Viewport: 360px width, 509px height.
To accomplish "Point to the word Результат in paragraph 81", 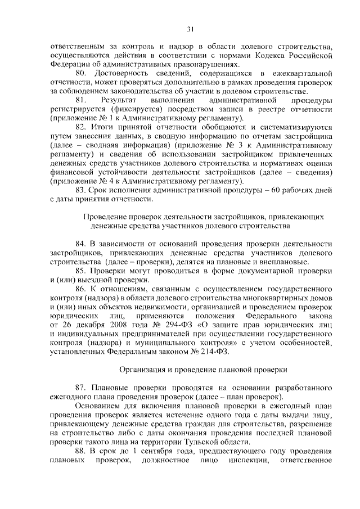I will [119, 100].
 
